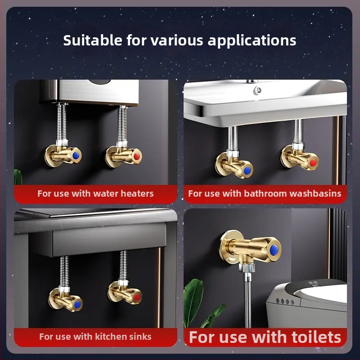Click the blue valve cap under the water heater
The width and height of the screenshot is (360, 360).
coord(76,156)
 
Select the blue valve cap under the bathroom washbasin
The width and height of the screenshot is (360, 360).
coord(247,171)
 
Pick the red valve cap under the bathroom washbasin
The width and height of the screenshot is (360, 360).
coord(313,162)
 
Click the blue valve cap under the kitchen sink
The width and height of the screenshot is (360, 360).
coord(77,305)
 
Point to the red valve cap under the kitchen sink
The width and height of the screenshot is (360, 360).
coord(137,297)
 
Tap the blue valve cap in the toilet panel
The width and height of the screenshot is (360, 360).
coord(274,250)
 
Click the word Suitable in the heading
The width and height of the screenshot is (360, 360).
coord(93,40)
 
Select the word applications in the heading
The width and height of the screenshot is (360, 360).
coord(252,41)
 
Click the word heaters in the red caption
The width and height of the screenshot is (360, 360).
coord(137,193)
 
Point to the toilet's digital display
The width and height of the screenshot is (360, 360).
coord(313,284)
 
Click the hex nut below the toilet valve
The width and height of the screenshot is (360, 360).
coord(247,268)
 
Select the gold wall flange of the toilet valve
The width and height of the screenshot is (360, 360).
coord(227,248)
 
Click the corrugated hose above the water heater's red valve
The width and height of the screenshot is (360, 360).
coord(122,125)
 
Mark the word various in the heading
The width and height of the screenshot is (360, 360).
coord(177,40)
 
